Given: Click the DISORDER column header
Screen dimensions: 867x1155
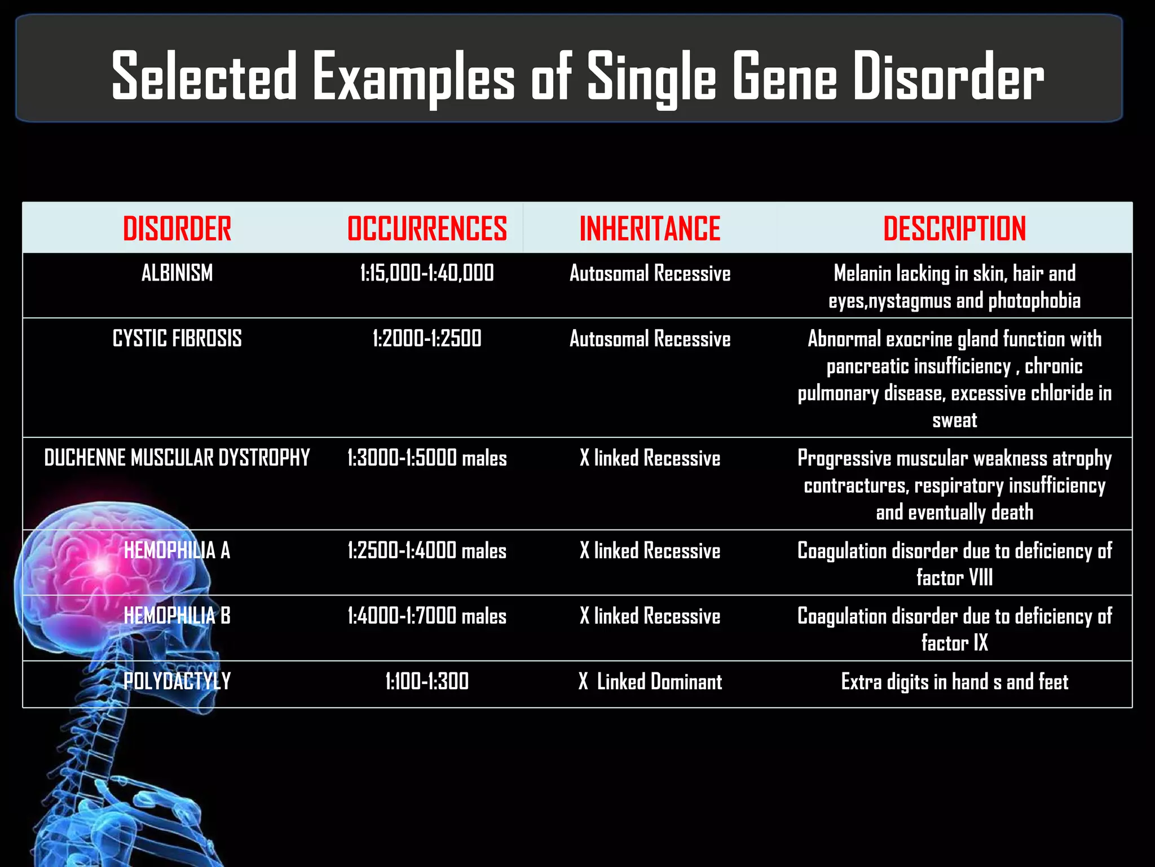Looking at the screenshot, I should [177, 229].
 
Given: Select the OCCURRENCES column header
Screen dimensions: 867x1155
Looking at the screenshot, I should [427, 229].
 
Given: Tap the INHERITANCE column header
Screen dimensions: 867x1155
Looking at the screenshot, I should [650, 229].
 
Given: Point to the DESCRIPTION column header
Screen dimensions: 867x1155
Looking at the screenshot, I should [954, 229].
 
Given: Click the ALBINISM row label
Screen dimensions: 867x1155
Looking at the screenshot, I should [177, 273].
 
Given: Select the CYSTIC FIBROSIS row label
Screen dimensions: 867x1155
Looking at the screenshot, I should [177, 339].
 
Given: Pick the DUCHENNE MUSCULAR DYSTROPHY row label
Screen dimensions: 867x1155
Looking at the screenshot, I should [177, 458].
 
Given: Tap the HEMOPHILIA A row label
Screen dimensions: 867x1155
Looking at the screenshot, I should [177, 550].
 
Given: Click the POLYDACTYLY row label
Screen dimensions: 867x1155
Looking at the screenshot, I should [177, 681].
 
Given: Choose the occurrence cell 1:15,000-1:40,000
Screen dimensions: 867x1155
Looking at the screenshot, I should [427, 273].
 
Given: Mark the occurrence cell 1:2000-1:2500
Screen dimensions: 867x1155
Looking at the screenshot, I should [427, 339].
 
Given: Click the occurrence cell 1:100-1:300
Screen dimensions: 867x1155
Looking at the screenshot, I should [427, 681].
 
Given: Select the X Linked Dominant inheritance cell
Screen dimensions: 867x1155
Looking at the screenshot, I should [650, 682].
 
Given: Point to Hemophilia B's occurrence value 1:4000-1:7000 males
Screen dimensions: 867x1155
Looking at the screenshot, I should [427, 616].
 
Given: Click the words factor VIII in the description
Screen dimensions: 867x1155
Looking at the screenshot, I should [954, 577].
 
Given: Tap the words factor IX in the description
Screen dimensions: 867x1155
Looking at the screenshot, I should [954, 643].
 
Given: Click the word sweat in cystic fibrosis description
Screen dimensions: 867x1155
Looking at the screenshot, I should [954, 421].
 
